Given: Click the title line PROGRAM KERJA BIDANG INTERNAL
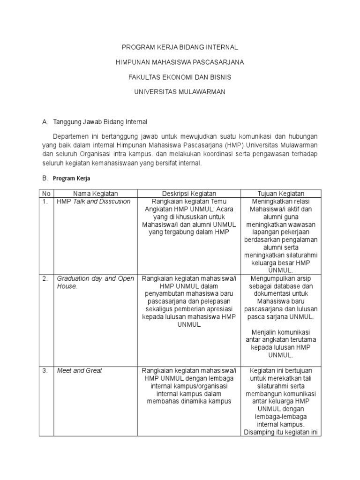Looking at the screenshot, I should coord(180,47).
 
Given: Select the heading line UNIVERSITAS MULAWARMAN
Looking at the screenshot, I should coord(180,92).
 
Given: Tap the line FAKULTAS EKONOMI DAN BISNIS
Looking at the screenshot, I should coord(180,77).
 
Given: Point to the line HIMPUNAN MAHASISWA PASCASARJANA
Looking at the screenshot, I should coord(180,62).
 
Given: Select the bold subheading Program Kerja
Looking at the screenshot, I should coord(71,179).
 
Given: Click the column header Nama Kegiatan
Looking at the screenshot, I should coord(95,194).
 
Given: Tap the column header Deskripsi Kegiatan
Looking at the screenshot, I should coord(189,194).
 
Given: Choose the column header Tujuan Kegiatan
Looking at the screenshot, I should coord(281,194).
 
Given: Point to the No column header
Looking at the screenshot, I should coord(46,194).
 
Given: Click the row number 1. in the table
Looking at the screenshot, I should coord(45,202).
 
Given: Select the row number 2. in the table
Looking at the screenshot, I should coord(45,278).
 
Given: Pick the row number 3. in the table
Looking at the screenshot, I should coord(45,370).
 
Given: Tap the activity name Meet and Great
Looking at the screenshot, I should coord(79,370).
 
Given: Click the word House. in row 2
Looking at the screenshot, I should coord(67,286).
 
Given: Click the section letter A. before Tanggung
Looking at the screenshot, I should coord(45,122).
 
